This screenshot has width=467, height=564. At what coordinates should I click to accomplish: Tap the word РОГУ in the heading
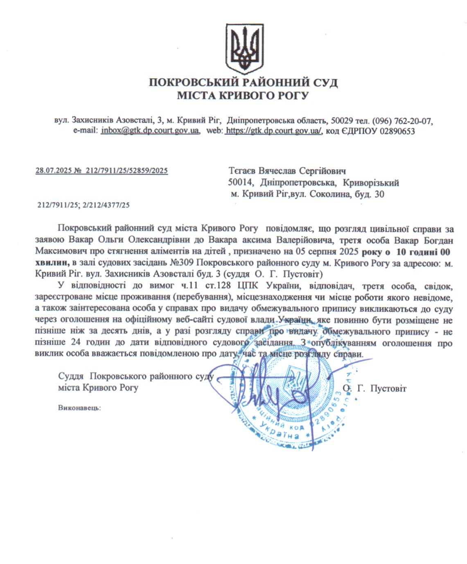tap(293, 96)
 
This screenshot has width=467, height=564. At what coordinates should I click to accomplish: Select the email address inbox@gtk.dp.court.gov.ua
tap(150, 131)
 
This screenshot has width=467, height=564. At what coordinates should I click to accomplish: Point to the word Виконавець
tap(79, 407)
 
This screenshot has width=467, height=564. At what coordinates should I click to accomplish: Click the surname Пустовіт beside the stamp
tap(388, 388)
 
